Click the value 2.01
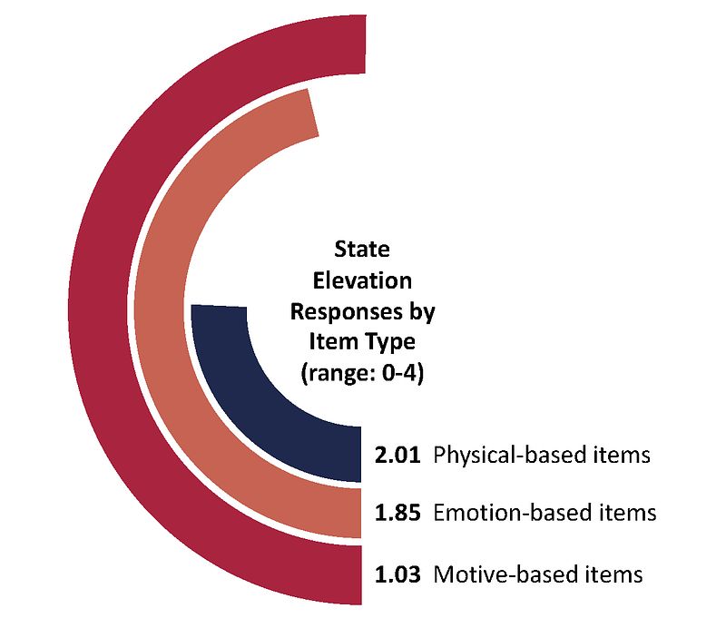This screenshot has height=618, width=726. (397, 455)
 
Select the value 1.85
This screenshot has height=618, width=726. (397, 513)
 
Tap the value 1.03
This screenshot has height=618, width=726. (397, 574)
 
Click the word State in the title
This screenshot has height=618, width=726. (361, 249)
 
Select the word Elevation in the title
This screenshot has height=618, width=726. (362, 280)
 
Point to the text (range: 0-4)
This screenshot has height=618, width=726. (362, 373)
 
